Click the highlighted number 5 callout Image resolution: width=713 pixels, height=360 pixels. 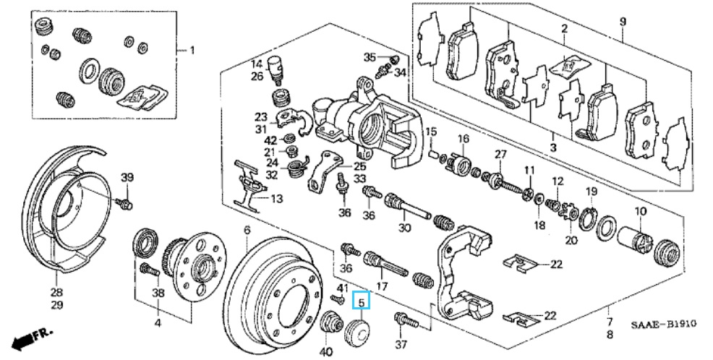[362, 301]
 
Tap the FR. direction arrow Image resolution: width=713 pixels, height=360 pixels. [31, 338]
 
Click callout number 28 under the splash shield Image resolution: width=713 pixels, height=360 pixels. [57, 293]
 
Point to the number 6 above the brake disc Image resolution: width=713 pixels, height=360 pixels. [247, 231]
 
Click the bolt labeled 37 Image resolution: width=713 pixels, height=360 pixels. [406, 320]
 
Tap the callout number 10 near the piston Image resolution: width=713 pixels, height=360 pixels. [640, 211]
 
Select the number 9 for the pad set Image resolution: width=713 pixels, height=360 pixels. [623, 22]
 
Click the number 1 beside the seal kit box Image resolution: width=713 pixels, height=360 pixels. [192, 50]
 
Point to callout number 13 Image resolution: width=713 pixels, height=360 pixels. [277, 199]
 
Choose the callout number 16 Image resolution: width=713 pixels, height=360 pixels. [463, 138]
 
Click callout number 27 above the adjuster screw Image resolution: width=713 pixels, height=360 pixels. [500, 155]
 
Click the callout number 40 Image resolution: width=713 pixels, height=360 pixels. [326, 351]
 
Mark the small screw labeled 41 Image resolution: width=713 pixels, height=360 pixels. [338, 299]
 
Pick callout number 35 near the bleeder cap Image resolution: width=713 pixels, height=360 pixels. [370, 57]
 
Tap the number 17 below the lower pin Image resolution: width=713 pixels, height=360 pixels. [382, 287]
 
